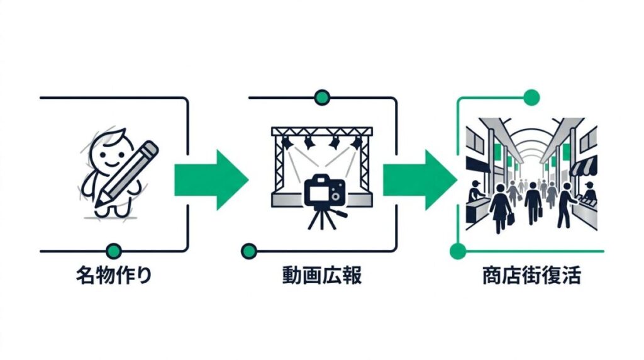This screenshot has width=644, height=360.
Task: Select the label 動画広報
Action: pyautogui.click(x=323, y=276)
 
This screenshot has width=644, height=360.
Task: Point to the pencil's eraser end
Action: pyautogui.click(x=150, y=150)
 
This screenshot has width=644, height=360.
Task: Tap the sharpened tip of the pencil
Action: pyautogui.click(x=96, y=206)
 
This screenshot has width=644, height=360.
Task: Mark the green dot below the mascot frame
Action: pyautogui.click(x=113, y=250)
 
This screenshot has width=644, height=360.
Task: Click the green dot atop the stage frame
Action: pyautogui.click(x=322, y=98)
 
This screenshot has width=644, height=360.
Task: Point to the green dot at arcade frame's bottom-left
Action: pyautogui.click(x=458, y=250)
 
